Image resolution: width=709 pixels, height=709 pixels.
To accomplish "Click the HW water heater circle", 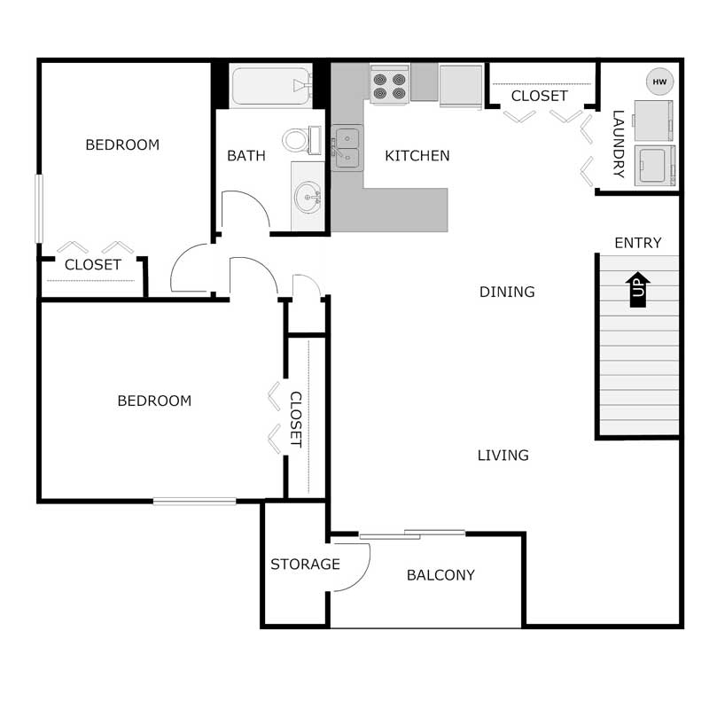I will (659, 82).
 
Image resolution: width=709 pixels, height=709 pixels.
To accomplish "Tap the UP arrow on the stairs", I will (638, 289).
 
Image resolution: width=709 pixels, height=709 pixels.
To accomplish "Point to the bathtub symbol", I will (269, 86).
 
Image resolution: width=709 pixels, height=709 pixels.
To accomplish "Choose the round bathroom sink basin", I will (308, 196).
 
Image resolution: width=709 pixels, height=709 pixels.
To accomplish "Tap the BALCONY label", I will (440, 575).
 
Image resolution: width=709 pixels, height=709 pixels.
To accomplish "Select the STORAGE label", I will (305, 565).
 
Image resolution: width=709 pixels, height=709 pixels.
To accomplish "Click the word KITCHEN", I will (417, 156).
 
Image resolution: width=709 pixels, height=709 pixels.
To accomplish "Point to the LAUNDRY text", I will (618, 144).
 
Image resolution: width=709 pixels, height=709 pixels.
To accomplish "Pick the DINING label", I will (507, 292).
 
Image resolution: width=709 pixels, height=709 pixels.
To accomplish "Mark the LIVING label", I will (503, 456).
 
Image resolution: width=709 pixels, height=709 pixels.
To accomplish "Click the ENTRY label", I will (637, 243).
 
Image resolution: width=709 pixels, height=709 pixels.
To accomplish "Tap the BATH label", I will (246, 156).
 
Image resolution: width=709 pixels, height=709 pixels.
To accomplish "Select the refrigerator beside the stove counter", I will (460, 85).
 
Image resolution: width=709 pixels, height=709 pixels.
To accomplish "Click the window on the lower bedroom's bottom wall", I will (194, 502).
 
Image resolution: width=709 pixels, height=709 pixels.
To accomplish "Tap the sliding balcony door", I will (412, 534).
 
